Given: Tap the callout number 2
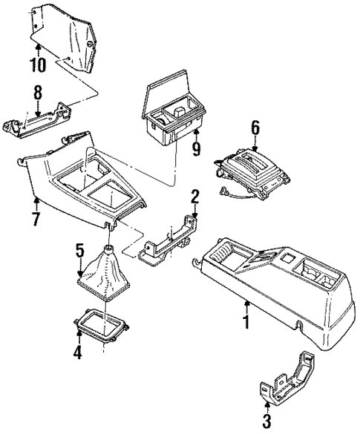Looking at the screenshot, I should click(x=194, y=197).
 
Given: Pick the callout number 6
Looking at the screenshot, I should click(x=255, y=127).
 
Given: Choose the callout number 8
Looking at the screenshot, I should click(x=37, y=93).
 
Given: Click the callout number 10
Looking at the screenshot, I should click(x=37, y=65).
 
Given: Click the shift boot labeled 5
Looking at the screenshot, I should click(x=105, y=277).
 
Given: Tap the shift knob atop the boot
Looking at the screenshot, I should click(x=109, y=250).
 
